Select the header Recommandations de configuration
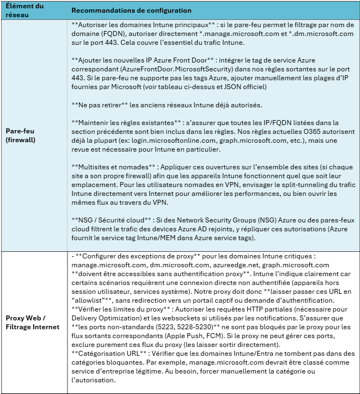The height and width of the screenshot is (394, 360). pos(132,11)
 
